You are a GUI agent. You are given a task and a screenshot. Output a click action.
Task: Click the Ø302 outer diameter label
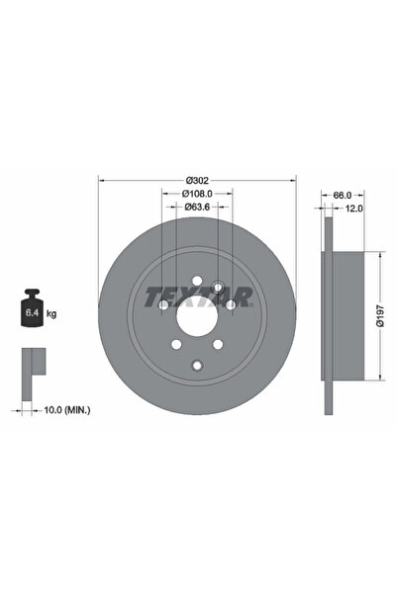197,181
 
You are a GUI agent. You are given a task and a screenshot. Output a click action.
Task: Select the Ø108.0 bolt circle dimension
198,195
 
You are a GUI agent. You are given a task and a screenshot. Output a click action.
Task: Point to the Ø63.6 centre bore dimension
198,208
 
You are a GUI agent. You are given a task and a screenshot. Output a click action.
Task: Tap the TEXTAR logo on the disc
199,295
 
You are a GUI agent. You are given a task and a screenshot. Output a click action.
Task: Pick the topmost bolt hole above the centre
197,280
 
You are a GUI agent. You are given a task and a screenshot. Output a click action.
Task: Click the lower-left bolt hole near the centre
174,344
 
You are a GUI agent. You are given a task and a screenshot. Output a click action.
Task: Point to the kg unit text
51,314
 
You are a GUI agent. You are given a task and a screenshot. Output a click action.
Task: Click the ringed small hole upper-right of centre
218,288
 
